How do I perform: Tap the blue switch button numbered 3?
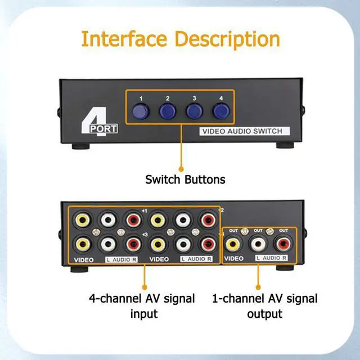point(194,110)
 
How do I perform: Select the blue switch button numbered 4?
point(220,110)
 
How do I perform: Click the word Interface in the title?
point(124,39)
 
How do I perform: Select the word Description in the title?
point(227,39)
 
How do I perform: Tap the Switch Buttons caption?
point(185,180)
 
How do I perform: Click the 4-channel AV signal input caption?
point(141,305)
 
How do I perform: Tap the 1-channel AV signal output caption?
point(264,305)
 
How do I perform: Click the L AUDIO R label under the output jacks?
point(271,258)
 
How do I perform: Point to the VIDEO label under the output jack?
point(234,259)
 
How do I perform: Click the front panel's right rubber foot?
point(283,145)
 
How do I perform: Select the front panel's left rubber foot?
point(77,145)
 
